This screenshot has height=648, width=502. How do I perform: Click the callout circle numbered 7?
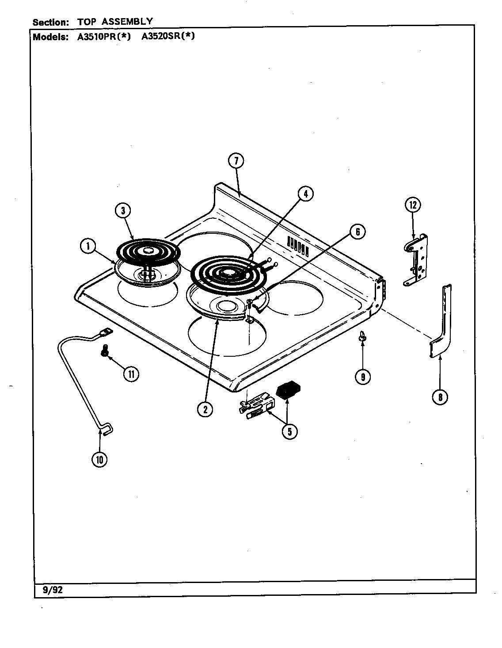point(236,161)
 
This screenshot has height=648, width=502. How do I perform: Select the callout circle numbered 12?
point(413,205)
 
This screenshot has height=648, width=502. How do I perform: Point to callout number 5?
point(289,431)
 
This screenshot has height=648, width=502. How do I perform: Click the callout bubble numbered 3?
point(123,210)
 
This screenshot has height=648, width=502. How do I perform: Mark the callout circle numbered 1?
point(88,246)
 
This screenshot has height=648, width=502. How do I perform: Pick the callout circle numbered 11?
point(131,374)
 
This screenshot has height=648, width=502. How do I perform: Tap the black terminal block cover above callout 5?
point(288,390)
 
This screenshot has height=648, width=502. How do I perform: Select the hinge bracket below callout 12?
point(416,261)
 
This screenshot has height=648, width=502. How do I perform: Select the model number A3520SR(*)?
point(168,37)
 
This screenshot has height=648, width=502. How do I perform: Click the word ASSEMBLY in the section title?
point(132,21)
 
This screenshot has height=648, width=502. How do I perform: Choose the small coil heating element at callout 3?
point(148,251)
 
